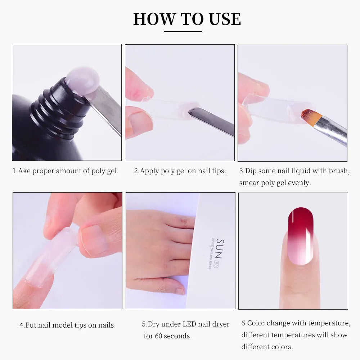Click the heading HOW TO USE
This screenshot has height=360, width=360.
pos(187,19)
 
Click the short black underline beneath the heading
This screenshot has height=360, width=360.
pos(183,32)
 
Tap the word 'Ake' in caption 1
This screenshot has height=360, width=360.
pos(24,171)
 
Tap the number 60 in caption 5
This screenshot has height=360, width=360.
pos(159,336)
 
